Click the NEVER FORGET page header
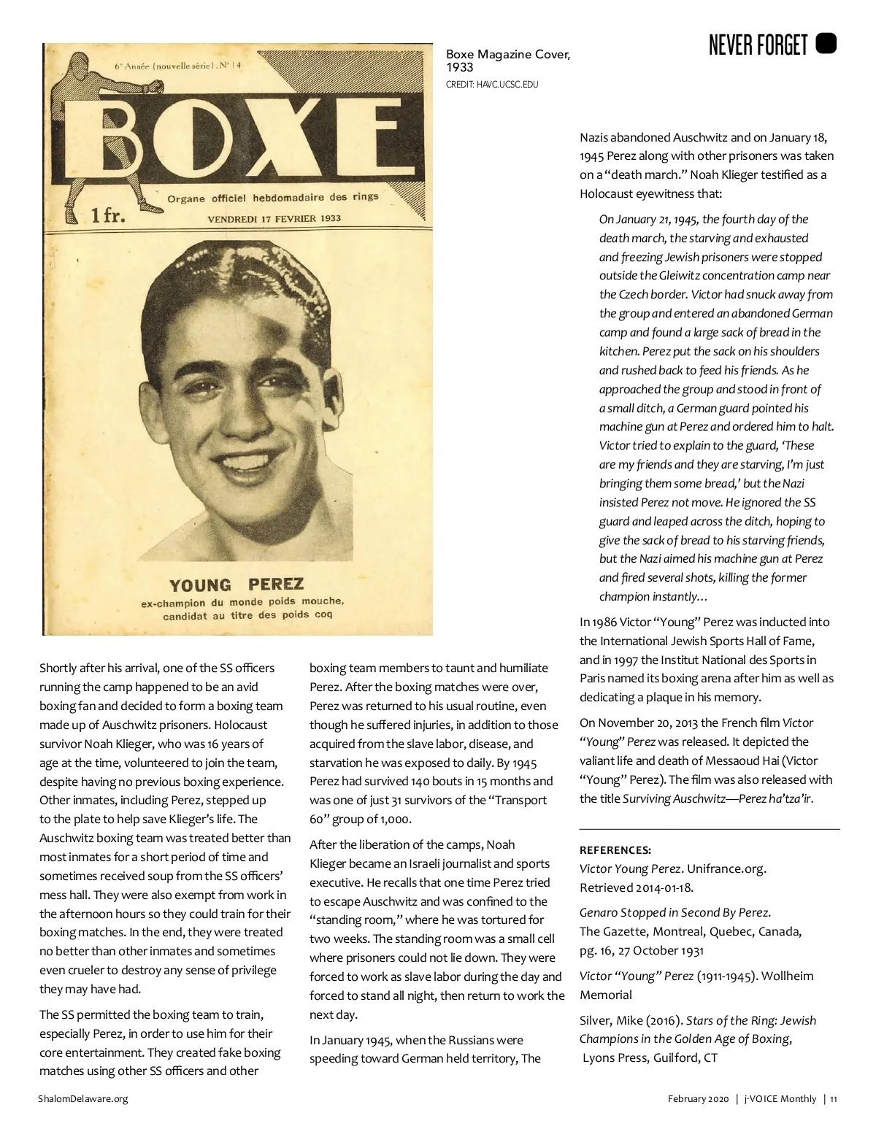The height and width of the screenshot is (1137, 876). coord(758,46)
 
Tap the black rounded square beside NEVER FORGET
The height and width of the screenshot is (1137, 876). coord(826,44)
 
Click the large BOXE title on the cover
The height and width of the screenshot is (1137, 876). coord(245,139)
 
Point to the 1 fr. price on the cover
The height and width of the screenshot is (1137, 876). coord(108,215)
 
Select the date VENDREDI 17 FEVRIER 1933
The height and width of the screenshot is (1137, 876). coord(274,218)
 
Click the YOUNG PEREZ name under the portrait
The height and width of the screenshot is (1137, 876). coord(236,585)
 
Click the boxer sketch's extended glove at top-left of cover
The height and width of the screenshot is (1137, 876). coord(155,88)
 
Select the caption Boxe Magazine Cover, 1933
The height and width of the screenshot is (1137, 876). coord(507,61)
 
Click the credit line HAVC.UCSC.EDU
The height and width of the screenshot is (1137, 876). coord(492,85)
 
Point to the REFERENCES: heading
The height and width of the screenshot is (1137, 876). coord(615,850)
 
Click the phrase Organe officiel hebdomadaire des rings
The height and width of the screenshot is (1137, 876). coord(273,198)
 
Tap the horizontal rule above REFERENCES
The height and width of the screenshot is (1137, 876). coord(709,829)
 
